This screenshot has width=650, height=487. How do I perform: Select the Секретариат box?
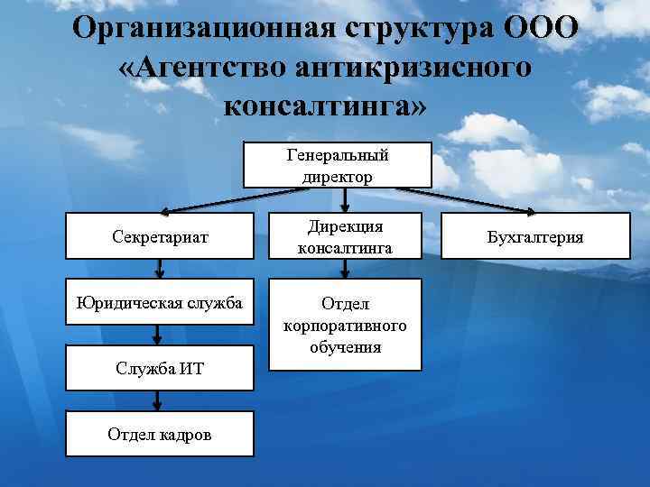(x=160, y=237)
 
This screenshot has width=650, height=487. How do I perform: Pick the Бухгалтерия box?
(x=534, y=237)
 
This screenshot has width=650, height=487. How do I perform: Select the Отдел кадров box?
(x=159, y=435)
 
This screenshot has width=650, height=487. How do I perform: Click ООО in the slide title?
(x=540, y=26)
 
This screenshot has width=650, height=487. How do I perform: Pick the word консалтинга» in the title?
(x=325, y=106)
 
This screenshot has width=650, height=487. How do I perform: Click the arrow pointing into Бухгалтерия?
(x=487, y=201)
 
